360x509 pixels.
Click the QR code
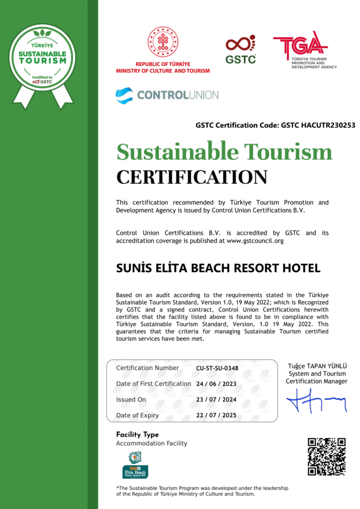click(326, 457)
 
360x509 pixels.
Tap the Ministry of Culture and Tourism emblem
click(163, 42)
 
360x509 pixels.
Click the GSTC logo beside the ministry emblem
click(241, 49)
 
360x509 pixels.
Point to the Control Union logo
click(167, 95)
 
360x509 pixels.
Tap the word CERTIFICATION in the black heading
click(192, 177)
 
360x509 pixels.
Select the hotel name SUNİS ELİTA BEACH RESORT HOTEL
click(218, 268)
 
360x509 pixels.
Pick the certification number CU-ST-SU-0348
click(217, 368)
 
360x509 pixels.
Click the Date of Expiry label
click(137, 415)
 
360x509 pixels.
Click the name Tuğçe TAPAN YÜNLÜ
click(317, 366)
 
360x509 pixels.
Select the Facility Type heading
click(137, 434)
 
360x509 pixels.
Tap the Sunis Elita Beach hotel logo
click(135, 465)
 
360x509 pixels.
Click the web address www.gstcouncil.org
click(255, 241)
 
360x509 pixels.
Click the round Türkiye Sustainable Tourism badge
click(43, 58)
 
